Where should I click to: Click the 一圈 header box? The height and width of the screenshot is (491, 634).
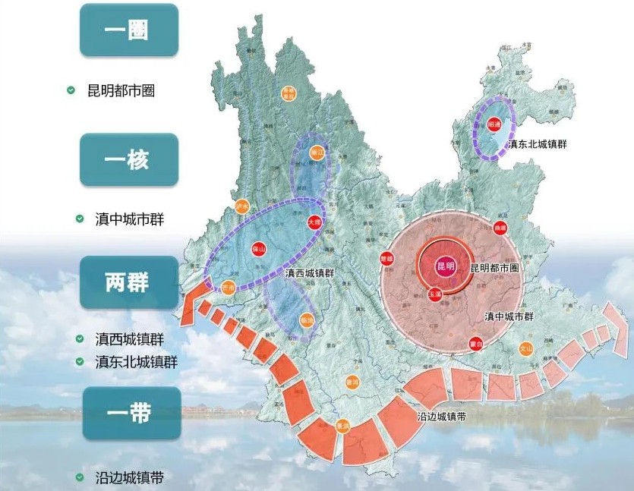[x=129, y=30]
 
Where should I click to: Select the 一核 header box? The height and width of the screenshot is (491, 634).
[x=129, y=160]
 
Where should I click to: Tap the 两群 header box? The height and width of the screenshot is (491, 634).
[x=129, y=282]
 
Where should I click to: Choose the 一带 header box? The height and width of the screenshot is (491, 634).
[x=129, y=413]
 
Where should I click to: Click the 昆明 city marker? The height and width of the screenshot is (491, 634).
[x=445, y=266]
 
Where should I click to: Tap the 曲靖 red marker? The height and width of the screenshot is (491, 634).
[x=499, y=227]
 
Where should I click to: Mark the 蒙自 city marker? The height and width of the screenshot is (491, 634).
[x=476, y=342]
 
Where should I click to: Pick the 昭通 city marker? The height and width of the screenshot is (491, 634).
[x=494, y=125]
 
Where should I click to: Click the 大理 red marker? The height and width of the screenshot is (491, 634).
[x=314, y=222]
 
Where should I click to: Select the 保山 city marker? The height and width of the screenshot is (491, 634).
[x=259, y=249]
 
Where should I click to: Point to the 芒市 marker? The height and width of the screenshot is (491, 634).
[x=229, y=288]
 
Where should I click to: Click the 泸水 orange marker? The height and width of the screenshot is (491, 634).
[x=242, y=206]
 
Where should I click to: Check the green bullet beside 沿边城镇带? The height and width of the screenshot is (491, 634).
[x=80, y=477]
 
